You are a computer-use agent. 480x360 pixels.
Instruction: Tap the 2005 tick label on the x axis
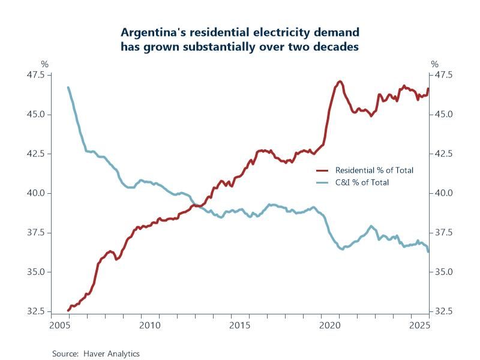click(x=58, y=325)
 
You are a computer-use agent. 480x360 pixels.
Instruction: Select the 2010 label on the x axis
click(x=149, y=325)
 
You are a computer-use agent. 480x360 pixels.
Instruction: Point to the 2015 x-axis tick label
click(x=239, y=325)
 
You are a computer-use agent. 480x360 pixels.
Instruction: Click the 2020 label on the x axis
click(x=330, y=325)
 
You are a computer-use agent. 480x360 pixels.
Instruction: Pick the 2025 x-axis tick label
click(x=420, y=325)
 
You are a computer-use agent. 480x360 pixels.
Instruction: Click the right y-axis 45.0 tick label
click(x=445, y=114)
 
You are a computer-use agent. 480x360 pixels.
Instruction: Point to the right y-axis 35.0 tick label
click(x=445, y=272)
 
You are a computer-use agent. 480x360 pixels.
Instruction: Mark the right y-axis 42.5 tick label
click(x=445, y=154)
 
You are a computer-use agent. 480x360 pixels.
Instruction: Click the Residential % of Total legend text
click(x=374, y=170)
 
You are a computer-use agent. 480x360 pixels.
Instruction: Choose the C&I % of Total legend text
click(x=362, y=182)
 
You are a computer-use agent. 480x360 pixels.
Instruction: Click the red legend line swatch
click(x=323, y=170)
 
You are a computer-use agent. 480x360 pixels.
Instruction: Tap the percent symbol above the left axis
click(x=44, y=64)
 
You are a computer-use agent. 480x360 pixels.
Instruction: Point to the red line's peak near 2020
click(x=340, y=82)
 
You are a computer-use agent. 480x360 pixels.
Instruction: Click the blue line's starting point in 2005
click(x=68, y=88)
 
